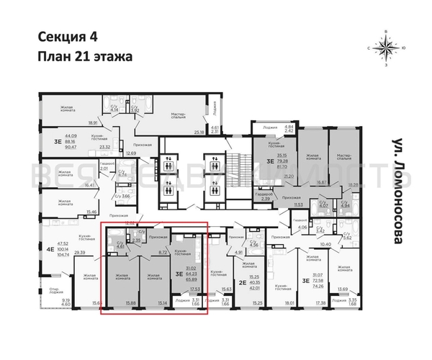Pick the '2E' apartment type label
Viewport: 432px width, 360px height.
pos(243,283)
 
